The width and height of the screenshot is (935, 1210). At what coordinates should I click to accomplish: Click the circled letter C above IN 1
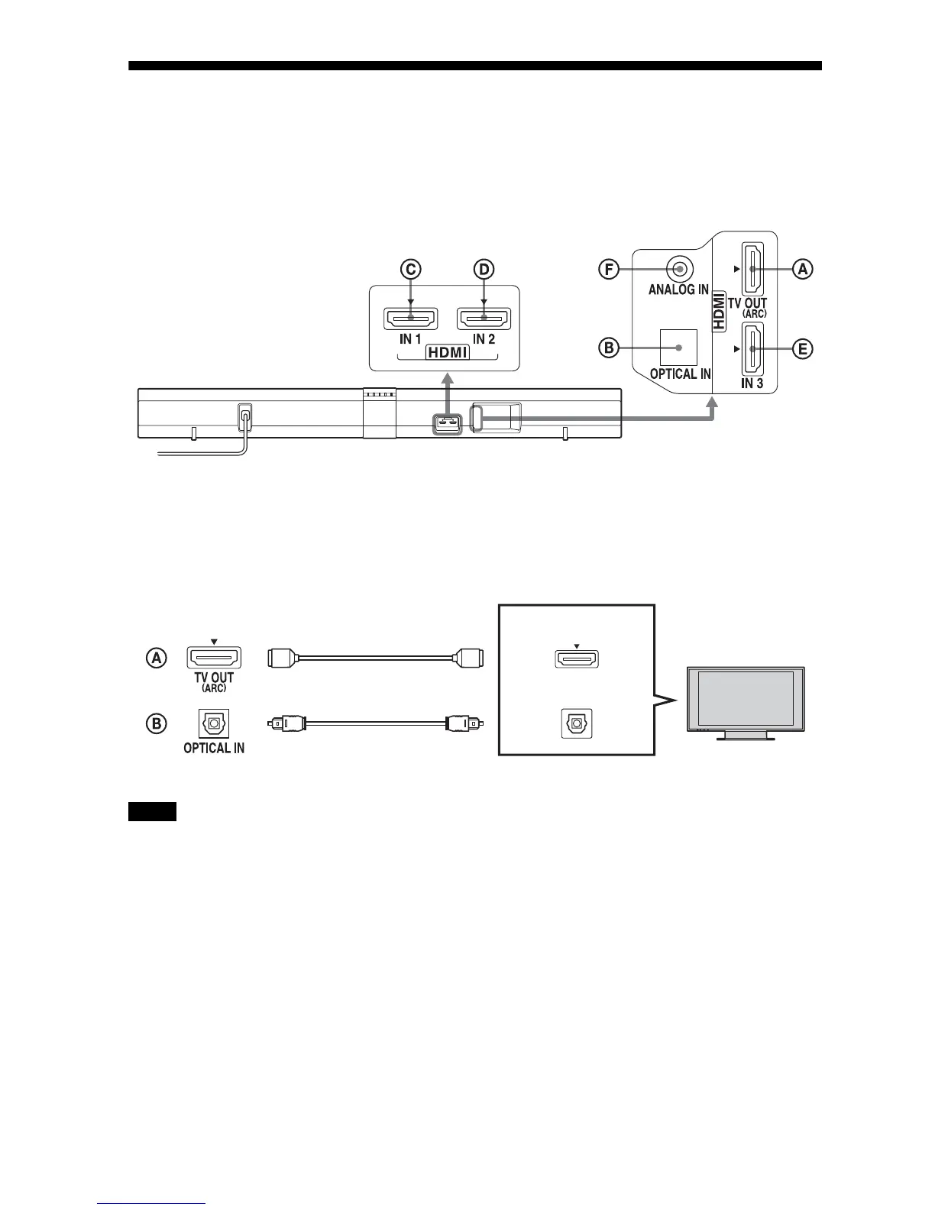pyautogui.click(x=410, y=269)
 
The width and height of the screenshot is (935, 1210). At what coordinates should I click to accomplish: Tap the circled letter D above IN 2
pyautogui.click(x=484, y=269)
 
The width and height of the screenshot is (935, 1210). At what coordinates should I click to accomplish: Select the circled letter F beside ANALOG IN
pyautogui.click(x=609, y=269)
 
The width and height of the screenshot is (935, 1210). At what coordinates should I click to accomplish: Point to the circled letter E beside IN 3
pyautogui.click(x=802, y=349)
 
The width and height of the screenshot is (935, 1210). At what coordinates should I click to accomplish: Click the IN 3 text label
pyautogui.click(x=752, y=383)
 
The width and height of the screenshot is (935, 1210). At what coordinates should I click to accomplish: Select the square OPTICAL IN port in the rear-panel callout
pyautogui.click(x=678, y=347)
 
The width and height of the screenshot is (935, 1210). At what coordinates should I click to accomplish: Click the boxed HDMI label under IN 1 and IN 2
pyautogui.click(x=448, y=353)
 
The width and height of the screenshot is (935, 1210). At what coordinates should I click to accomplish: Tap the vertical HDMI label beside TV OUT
pyautogui.click(x=719, y=314)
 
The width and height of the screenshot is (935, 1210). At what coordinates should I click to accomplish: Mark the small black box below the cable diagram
pyautogui.click(x=152, y=811)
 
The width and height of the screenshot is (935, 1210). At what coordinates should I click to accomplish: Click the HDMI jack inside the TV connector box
pyautogui.click(x=576, y=658)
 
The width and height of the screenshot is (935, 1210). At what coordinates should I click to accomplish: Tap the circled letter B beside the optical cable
pyautogui.click(x=157, y=723)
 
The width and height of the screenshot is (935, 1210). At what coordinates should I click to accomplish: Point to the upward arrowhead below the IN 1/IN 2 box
pyautogui.click(x=448, y=377)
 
